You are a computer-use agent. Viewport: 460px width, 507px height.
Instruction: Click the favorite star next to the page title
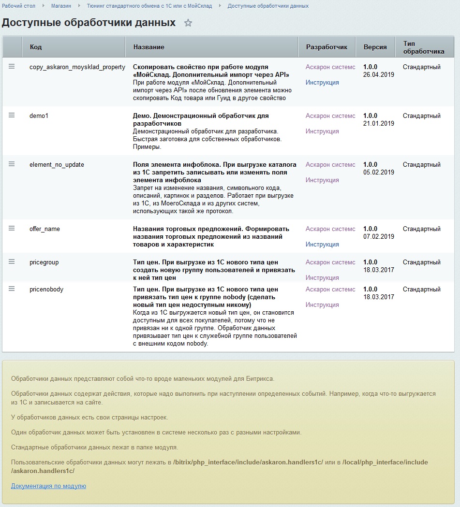pyautogui.click(x=188, y=23)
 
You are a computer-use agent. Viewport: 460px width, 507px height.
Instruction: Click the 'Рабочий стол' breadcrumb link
pyautogui.click(x=15, y=6)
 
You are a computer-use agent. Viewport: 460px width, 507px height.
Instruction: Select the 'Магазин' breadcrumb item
pyautogui.click(x=61, y=6)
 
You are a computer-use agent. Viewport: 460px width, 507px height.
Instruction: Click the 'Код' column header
pyautogui.click(x=36, y=47)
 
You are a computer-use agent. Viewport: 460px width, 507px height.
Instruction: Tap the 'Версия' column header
pyautogui.click(x=375, y=47)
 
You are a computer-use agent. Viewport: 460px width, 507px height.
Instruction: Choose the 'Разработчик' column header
pyautogui.click(x=326, y=47)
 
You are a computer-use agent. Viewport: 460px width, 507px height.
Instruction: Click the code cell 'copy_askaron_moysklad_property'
pyautogui.click(x=77, y=67)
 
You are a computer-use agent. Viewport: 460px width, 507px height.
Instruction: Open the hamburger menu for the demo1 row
pyautogui.click(x=12, y=115)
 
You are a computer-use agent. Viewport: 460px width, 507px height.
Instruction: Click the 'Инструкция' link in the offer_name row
pyautogui.click(x=322, y=245)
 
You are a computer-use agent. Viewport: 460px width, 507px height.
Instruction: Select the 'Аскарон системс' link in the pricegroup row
pyautogui.click(x=330, y=262)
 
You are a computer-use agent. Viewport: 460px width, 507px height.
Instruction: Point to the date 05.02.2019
pyautogui.click(x=379, y=173)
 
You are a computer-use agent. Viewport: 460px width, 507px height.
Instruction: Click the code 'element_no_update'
pyautogui.click(x=57, y=165)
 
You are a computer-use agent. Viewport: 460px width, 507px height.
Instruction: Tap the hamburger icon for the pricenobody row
pyautogui.click(x=12, y=289)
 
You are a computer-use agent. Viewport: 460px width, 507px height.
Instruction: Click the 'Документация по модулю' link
pyautogui.click(x=48, y=486)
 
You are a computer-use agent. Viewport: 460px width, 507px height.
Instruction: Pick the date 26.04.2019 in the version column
pyautogui.click(x=379, y=75)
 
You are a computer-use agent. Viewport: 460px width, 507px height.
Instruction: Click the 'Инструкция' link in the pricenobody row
pyautogui.click(x=322, y=305)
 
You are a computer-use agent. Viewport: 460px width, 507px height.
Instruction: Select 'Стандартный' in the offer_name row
pyautogui.click(x=422, y=229)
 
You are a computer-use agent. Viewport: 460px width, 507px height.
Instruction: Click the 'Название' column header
pyautogui.click(x=148, y=47)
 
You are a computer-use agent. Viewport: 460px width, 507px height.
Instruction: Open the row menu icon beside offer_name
pyautogui.click(x=12, y=228)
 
